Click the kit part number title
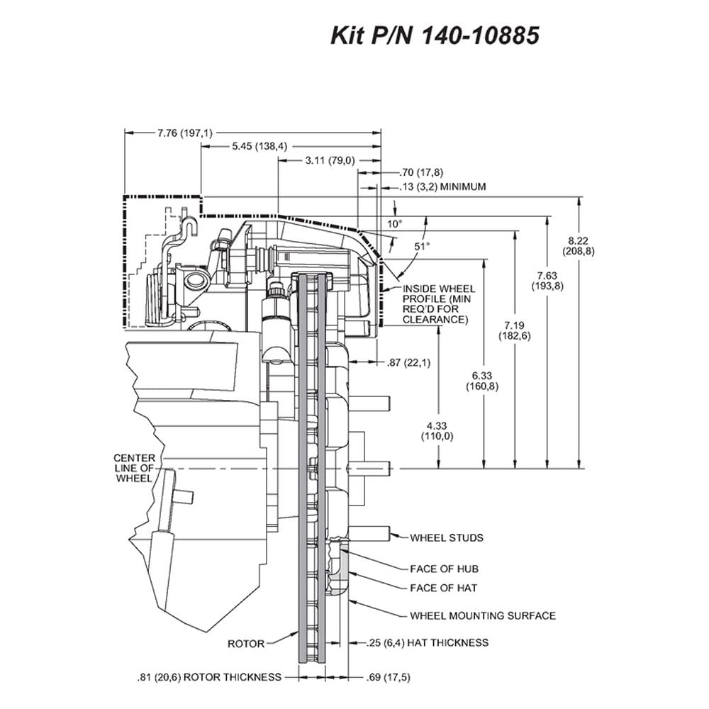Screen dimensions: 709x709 (435, 35)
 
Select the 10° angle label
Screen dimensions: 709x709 (394, 224)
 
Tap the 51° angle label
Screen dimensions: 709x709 (422, 247)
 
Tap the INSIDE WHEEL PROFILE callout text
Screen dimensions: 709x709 (439, 304)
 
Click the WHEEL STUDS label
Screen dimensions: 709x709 (447, 537)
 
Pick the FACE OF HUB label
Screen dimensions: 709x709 (444, 569)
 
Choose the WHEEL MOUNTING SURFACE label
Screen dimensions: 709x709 (483, 615)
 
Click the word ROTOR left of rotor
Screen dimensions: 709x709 (246, 644)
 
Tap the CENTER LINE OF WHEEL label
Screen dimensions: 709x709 (134, 468)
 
